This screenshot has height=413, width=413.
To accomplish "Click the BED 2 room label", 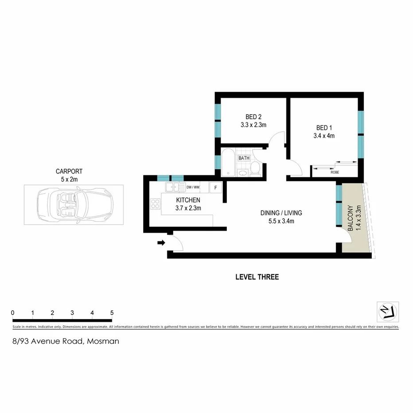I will pos(253,117).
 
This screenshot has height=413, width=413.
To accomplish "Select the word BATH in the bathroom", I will pos(244,158).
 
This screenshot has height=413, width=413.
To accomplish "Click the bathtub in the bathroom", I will pos(228,163).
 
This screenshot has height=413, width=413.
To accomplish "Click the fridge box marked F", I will pos(215,187).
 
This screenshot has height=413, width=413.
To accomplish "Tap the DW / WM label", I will pos(193,187).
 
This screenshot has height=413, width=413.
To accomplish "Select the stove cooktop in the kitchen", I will pos(156,204).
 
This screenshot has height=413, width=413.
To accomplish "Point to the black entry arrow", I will pos(161,242).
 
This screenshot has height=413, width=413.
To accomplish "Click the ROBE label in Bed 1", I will pos(335,173).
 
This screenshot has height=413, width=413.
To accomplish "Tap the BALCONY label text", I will pos(350,218).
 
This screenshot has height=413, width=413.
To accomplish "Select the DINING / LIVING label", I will pos(281,213).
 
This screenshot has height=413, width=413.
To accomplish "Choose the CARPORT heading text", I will pos(69,171).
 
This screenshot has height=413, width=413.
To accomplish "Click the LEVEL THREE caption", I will pos(257,277).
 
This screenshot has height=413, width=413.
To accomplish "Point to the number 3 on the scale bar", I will pos(72,313).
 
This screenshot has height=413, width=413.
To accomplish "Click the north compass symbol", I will pos(388,312).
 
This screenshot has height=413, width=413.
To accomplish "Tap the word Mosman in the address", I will pos(103,341).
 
